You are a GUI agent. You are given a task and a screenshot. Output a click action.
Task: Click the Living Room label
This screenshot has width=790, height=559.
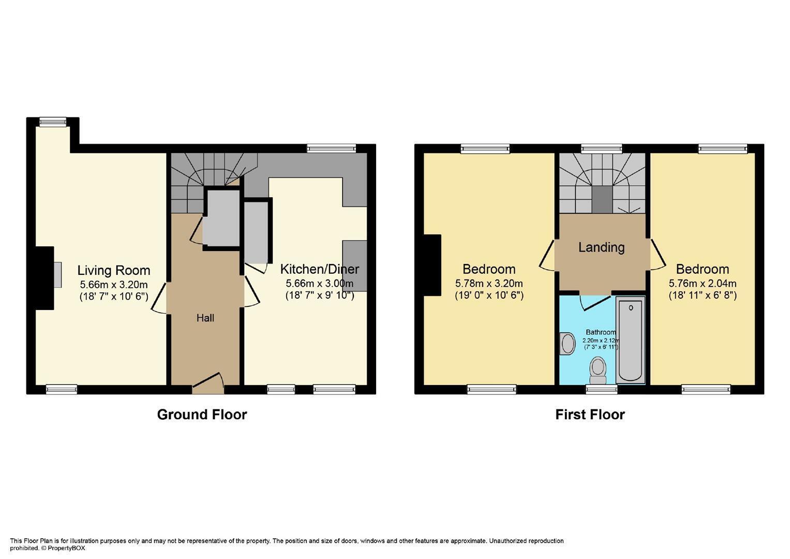[x=114, y=270]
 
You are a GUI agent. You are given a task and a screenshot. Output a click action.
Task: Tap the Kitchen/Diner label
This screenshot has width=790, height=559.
[x=320, y=269]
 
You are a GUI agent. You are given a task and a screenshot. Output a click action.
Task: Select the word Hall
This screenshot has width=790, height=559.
[x=205, y=318]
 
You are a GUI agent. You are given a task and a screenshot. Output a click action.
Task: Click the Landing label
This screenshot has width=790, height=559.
[x=602, y=247]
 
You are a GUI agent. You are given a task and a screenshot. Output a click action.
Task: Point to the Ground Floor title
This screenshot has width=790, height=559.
[x=202, y=414]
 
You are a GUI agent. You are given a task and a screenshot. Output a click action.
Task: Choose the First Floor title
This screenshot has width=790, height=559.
[x=590, y=414]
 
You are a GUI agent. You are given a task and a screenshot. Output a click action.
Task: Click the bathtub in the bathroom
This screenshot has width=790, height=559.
[x=630, y=340]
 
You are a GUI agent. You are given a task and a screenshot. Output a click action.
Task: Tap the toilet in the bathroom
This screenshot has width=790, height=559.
[x=598, y=370]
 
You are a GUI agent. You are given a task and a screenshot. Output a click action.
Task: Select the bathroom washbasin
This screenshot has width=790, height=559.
[x=568, y=344]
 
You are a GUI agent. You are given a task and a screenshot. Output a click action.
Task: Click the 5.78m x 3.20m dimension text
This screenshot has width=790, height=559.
[x=489, y=284]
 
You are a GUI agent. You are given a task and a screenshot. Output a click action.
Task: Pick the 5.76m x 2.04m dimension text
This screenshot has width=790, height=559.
[x=703, y=284]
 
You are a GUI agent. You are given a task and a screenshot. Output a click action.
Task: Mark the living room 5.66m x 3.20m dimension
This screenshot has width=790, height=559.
[x=114, y=285]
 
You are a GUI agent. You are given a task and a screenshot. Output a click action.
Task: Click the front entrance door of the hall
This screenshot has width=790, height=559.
[x=208, y=383]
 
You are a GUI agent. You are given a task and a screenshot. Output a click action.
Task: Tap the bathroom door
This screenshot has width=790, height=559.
[x=595, y=302]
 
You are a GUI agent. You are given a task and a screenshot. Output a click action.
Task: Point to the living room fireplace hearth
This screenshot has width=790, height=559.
[x=57, y=274]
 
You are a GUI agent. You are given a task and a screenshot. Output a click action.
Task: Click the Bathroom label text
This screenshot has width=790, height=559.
[x=601, y=332]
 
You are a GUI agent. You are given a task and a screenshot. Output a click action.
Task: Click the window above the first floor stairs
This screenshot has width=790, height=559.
[x=602, y=149]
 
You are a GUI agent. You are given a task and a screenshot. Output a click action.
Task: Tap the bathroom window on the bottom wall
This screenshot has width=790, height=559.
[x=602, y=389]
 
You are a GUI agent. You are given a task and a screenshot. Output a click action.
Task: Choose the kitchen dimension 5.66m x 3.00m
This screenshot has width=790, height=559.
[x=320, y=284]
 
